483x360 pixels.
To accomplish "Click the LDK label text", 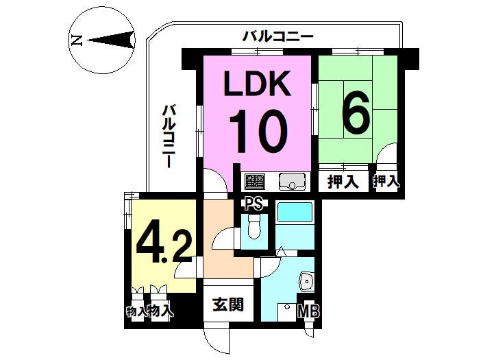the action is (257, 83).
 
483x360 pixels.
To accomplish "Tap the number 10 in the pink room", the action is (258, 131).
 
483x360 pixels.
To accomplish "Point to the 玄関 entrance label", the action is (228, 304).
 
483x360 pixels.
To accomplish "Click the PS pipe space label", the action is (253, 204).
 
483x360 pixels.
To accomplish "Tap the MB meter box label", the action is (309, 311).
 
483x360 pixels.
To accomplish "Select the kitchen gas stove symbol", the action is (254, 181).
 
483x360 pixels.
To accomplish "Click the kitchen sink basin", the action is (292, 181).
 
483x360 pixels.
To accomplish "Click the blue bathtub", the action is (295, 212).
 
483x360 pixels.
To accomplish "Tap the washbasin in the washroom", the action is (306, 281).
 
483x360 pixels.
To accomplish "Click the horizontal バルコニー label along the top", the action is (278, 37).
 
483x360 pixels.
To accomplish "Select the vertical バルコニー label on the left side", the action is (169, 136).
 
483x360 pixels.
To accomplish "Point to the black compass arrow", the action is (111, 40).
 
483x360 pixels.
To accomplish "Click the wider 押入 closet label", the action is (343, 181).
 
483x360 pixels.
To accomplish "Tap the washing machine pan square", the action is (287, 312).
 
